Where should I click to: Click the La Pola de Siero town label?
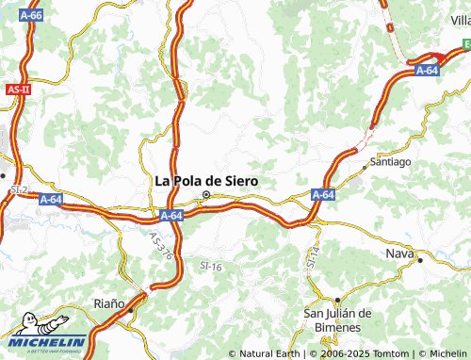(205, 181)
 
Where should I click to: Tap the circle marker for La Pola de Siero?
(206, 196)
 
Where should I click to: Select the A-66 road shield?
(31, 16)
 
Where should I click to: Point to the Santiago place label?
(390, 161)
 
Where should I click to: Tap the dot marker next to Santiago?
(366, 168)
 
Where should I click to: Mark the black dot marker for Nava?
(421, 257)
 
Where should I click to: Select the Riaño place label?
(109, 303)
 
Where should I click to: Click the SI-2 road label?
(18, 190)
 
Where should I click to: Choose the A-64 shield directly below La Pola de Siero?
(171, 216)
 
